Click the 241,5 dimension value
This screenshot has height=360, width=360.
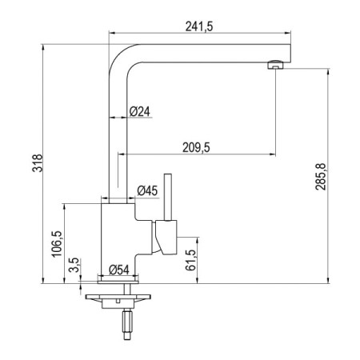[x=199, y=26]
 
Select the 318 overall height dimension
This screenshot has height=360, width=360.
[x=38, y=163]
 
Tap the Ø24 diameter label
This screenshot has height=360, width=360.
[x=140, y=111]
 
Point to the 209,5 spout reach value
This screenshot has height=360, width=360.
[x=196, y=147]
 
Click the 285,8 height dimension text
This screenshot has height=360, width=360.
[x=321, y=176]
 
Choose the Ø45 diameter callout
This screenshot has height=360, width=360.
[x=147, y=190]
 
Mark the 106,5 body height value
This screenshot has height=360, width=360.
[x=57, y=244]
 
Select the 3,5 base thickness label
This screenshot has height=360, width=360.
[x=74, y=265]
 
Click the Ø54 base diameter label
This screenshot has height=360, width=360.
[x=119, y=270]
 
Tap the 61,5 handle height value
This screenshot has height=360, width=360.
[x=191, y=260]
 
